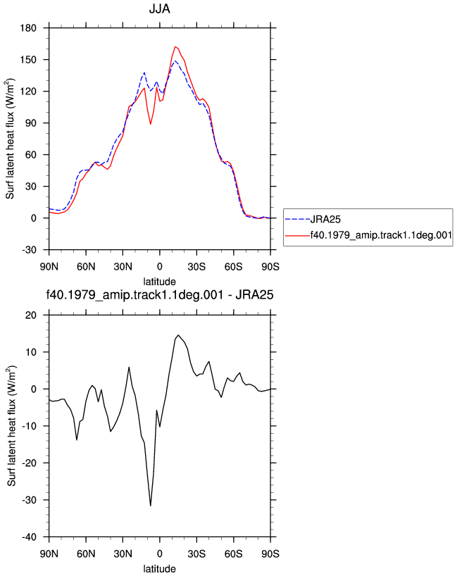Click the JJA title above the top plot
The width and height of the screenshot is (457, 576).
(159, 9)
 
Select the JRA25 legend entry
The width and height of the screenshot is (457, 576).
(313, 219)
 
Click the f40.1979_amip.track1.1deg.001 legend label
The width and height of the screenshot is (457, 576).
(381, 235)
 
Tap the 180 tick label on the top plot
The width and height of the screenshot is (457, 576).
(29, 28)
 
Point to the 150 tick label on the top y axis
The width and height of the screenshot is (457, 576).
(29, 60)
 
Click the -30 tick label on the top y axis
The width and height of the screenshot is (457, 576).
(30, 250)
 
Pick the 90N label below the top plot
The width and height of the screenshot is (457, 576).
(49, 266)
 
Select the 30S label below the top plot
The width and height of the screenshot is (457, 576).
(196, 266)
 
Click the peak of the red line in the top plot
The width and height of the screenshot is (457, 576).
(175, 46)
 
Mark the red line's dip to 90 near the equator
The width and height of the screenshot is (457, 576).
(151, 124)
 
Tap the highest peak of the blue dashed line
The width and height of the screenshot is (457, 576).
(175, 61)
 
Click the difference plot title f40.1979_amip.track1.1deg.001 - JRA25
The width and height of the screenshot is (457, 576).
(159, 294)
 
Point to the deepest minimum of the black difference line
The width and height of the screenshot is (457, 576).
(151, 506)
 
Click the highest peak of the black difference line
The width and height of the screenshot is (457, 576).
(178, 335)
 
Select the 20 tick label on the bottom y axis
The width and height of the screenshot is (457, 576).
(31, 315)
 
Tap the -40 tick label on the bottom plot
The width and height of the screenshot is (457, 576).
(30, 537)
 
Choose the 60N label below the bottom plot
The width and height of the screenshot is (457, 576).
(86, 553)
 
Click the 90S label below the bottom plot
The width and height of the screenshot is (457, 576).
(270, 553)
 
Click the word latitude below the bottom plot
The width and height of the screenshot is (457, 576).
(159, 569)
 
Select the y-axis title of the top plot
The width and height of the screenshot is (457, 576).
(11, 139)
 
